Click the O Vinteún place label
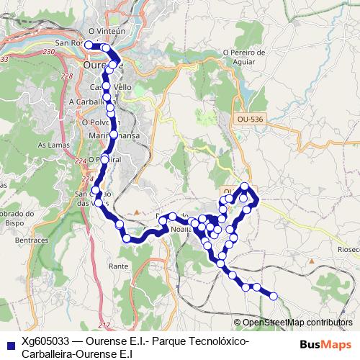coord(102,32)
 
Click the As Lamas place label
coord(52,145)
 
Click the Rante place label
coord(118,266)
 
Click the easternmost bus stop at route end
coord(273,295)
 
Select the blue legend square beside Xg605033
coord(9,342)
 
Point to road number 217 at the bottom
coord(104,326)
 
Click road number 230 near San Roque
coord(49,53)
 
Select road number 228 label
coord(66,76)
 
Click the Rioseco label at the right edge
coord(347,249)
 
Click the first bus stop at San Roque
coord(89,45)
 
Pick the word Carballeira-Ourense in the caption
coord(68,354)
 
